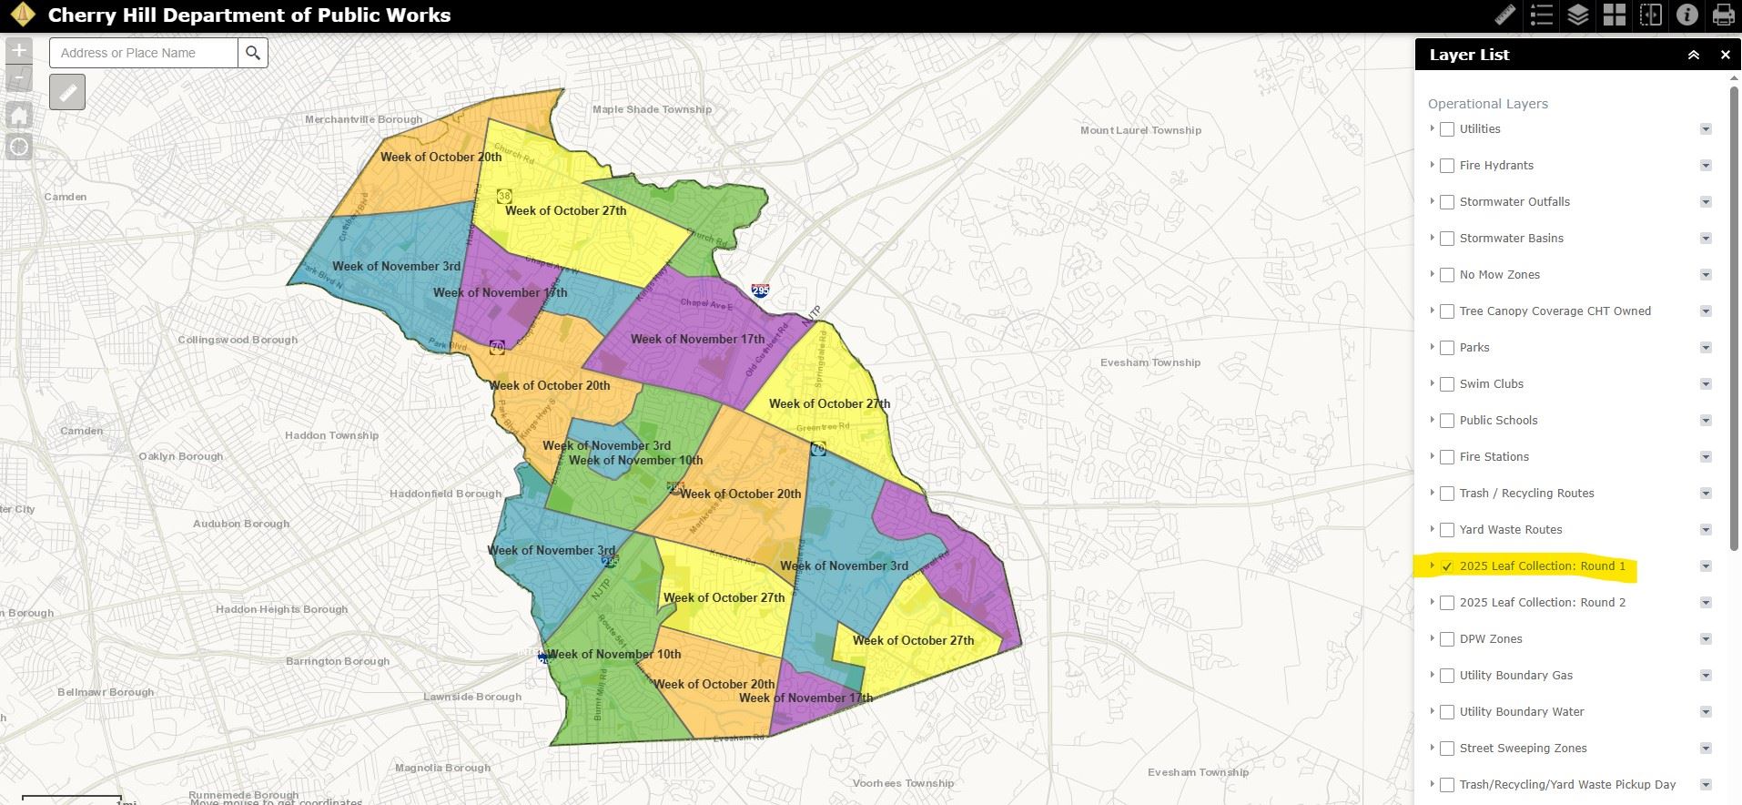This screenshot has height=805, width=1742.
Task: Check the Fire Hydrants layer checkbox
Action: pos(1447,166)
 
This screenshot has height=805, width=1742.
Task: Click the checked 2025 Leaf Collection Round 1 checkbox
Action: pos(1447,566)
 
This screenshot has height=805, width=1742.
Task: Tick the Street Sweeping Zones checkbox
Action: pos(1447,749)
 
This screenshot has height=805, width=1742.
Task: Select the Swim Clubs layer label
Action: pos(1491,384)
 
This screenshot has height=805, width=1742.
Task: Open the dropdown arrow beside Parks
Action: pos(1706,348)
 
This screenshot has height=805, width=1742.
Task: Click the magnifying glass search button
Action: pos(253,53)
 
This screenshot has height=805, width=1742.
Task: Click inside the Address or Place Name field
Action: pos(144,53)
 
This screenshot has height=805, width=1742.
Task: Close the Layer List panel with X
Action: pos(1725,55)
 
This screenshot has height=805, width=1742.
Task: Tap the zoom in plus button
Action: pos(19,51)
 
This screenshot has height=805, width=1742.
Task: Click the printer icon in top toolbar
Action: pos(1723,15)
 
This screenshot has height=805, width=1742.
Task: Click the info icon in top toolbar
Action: pos(1686,15)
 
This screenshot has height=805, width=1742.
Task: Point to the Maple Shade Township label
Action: pos(652,109)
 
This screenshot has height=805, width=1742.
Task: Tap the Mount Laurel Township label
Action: pos(1140,130)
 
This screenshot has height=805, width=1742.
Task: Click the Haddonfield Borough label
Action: pos(445,494)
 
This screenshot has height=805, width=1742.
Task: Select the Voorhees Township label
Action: pos(903,783)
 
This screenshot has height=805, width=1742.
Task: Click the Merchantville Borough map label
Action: pos(363,119)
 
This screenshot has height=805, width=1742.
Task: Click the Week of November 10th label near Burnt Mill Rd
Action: pos(613,654)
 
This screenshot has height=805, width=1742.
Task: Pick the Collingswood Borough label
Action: pos(238,340)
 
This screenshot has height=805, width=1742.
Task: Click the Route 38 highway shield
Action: pos(503,196)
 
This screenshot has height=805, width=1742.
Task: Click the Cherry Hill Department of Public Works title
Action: pos(248,15)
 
